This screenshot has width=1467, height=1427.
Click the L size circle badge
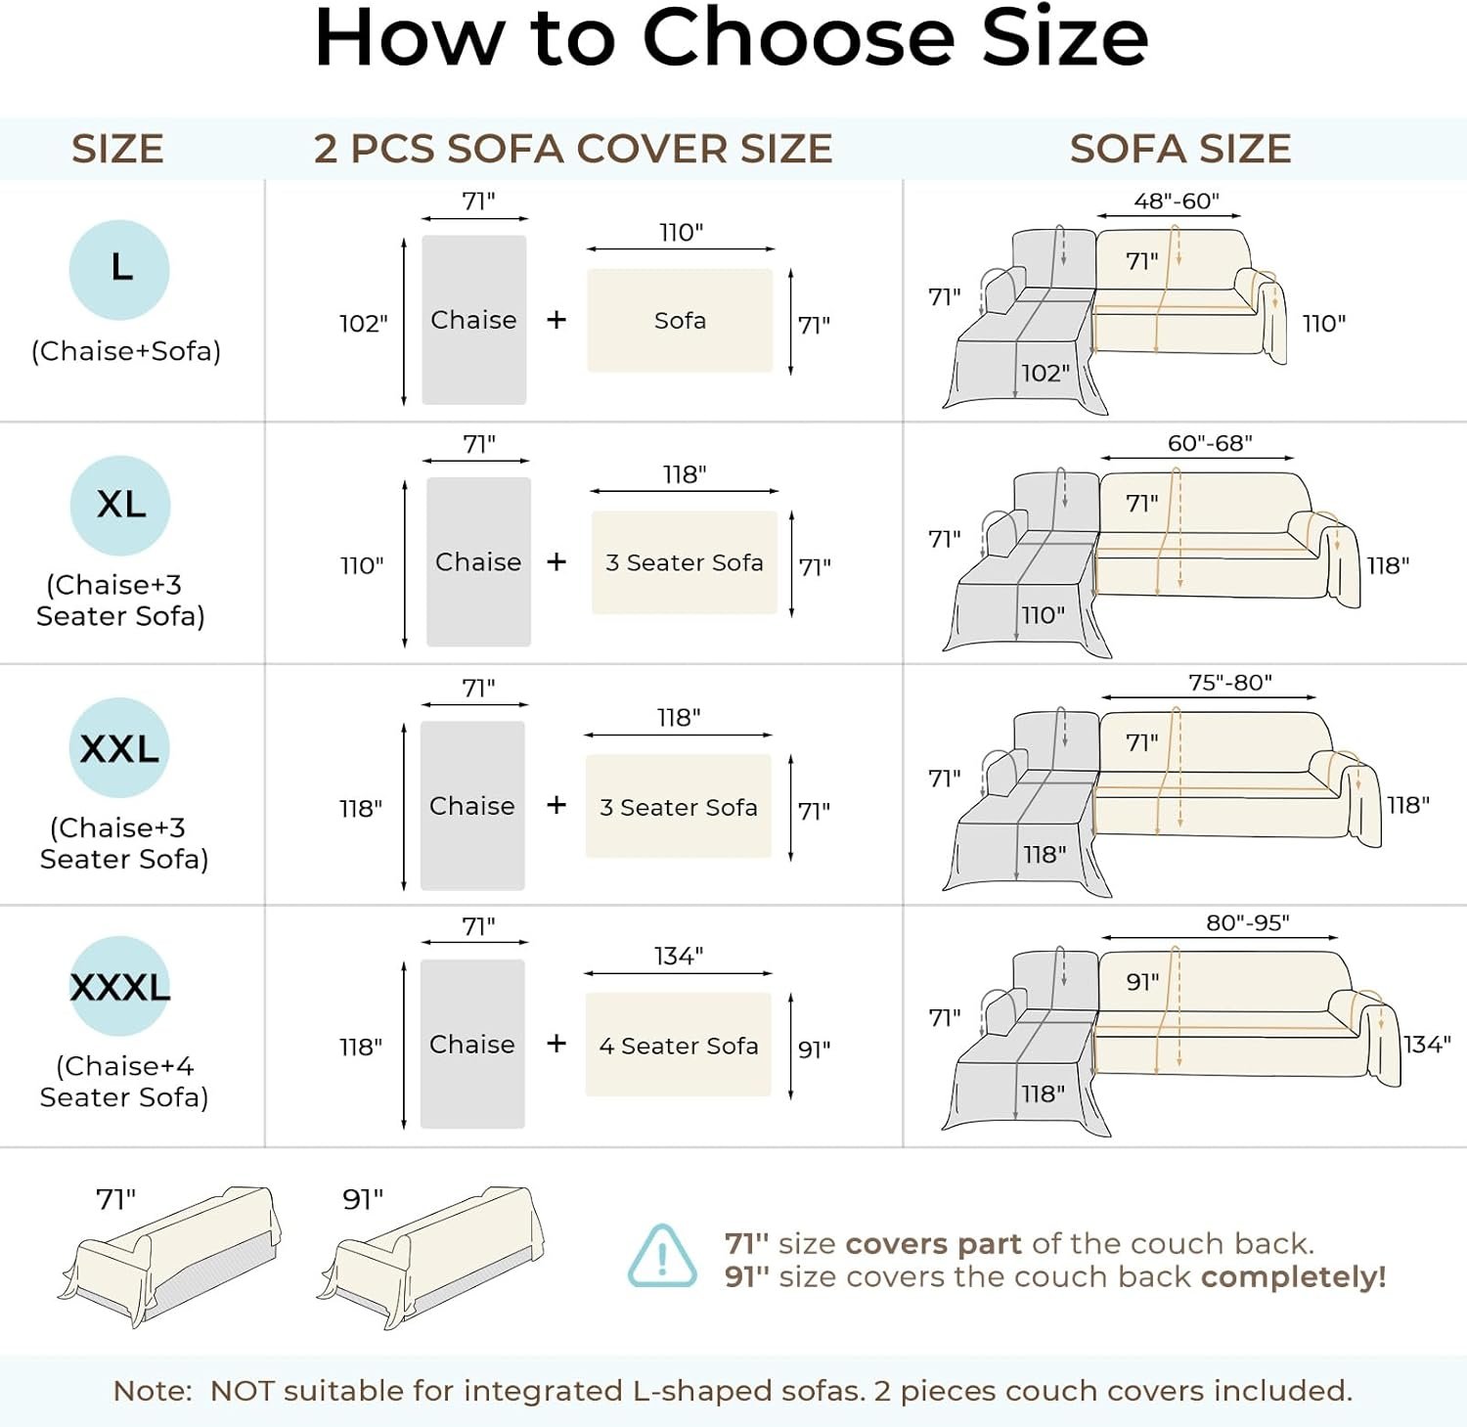(x=119, y=270)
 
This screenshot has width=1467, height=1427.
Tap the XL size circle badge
(x=120, y=506)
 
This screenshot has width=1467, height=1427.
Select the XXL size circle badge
(x=119, y=748)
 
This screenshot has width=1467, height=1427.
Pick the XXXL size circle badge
(x=119, y=986)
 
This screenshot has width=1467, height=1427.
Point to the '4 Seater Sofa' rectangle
(x=679, y=1045)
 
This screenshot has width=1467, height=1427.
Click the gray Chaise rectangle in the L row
(x=474, y=320)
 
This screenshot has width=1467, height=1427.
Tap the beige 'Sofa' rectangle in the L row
(x=680, y=320)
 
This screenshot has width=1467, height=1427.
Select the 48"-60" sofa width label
(x=1177, y=201)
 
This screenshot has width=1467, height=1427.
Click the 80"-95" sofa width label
(x=1248, y=922)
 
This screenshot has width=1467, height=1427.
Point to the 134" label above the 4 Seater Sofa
(x=679, y=956)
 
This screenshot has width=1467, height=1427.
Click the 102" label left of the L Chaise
(x=364, y=324)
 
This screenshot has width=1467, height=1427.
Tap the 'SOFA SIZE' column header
(x=1180, y=149)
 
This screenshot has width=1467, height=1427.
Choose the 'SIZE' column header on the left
(x=117, y=149)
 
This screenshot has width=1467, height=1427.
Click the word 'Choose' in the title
(x=797, y=39)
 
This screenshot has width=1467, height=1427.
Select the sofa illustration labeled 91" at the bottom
(x=430, y=1257)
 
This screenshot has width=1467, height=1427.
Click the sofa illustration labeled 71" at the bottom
(x=169, y=1257)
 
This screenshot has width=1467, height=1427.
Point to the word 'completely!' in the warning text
(x=1293, y=1277)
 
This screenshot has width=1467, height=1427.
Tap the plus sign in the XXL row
(x=556, y=804)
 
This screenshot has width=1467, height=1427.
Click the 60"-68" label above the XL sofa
(x=1210, y=443)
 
